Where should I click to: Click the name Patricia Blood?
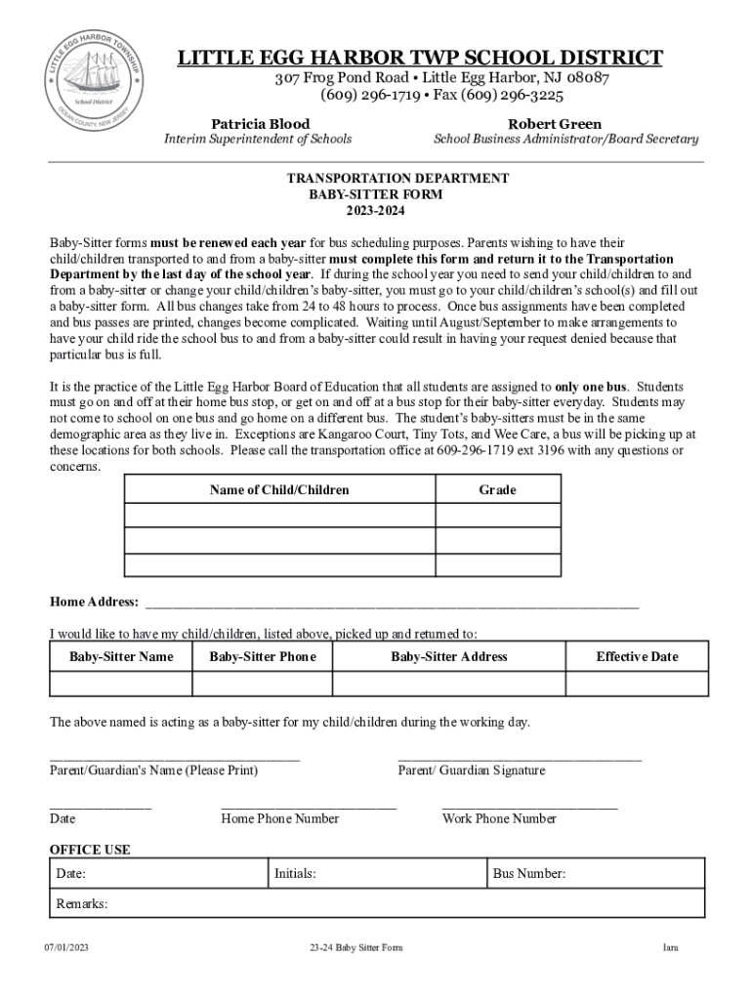(x=261, y=124)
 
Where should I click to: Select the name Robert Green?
(x=555, y=124)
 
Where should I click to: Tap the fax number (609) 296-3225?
(x=517, y=96)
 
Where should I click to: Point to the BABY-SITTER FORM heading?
(x=376, y=194)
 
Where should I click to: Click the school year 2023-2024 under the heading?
(x=376, y=211)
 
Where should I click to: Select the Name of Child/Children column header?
(x=279, y=489)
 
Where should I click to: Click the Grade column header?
(x=497, y=489)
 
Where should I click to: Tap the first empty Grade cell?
(x=497, y=515)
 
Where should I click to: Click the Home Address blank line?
(x=391, y=602)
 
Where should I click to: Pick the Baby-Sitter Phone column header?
(x=263, y=656)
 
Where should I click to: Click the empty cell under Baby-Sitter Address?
(x=449, y=683)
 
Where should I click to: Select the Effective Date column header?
(x=637, y=656)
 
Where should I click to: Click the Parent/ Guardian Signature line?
(x=520, y=756)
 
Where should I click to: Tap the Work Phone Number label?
(x=499, y=818)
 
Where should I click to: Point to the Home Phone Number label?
(x=280, y=818)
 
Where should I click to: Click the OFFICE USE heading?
(x=90, y=850)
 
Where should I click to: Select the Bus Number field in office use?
(x=596, y=873)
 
